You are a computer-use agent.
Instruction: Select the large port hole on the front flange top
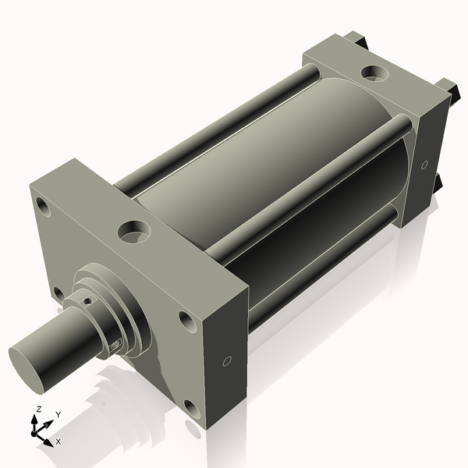[x=133, y=231]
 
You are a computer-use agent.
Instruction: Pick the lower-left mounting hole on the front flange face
[x=58, y=294]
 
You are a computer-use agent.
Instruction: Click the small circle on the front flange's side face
[x=227, y=361]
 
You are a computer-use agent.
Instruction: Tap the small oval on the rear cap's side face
[x=424, y=165]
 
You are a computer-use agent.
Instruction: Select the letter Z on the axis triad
[x=39, y=409]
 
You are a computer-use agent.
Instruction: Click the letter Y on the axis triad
[x=58, y=415]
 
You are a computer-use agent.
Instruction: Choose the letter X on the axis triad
[x=58, y=441]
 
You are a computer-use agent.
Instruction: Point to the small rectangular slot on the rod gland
[x=115, y=343]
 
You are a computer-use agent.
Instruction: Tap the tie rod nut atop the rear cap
[x=356, y=37]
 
